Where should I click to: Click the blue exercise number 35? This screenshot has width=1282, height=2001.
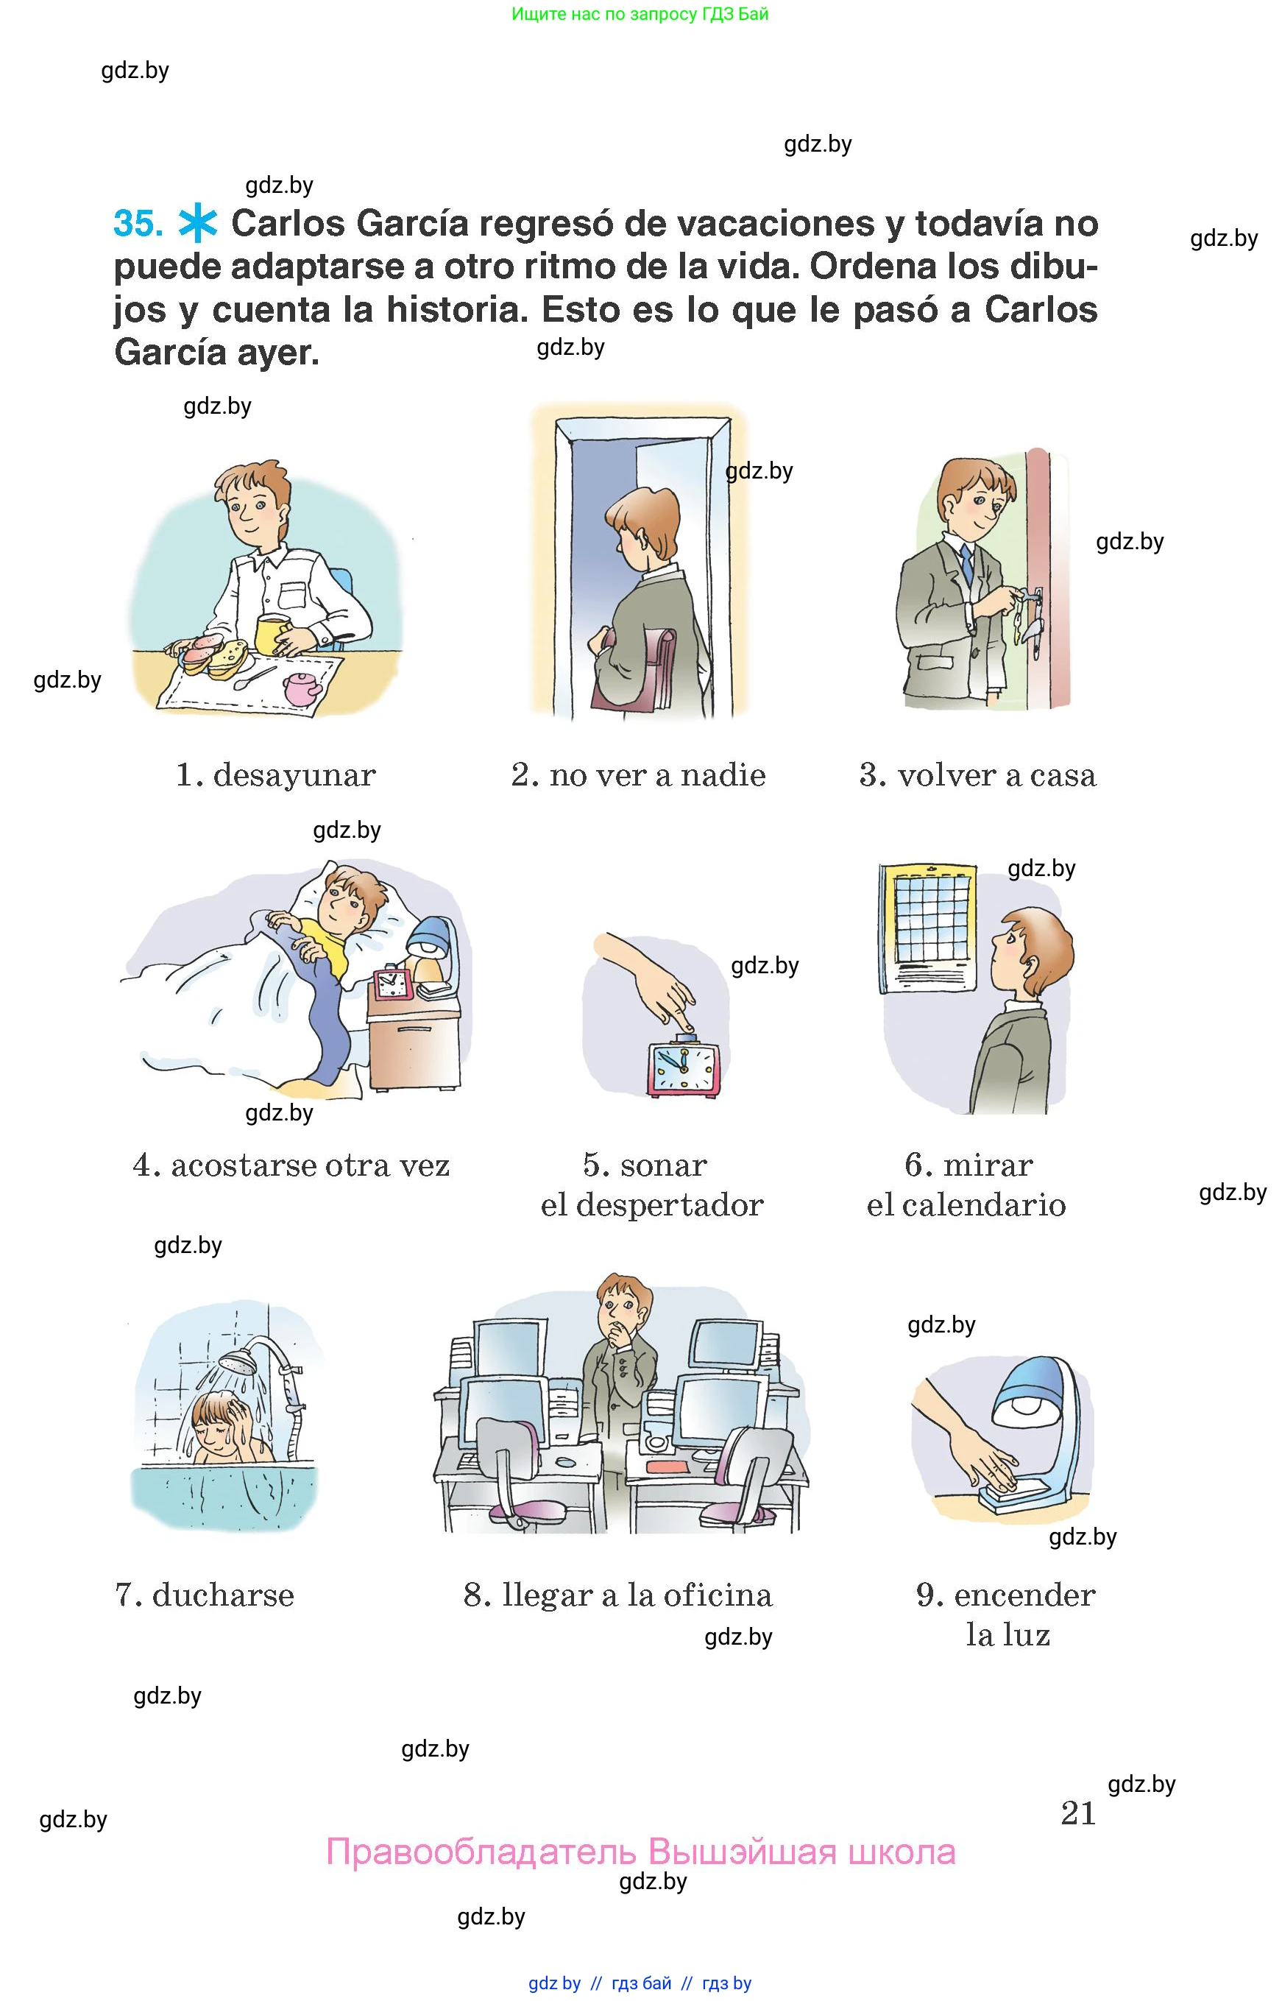[138, 223]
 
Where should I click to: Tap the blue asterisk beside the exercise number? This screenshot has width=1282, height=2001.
[198, 223]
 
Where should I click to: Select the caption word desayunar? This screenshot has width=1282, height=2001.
[294, 775]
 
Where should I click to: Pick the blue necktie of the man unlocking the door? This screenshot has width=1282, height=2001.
[966, 565]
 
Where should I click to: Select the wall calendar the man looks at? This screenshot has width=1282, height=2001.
[927, 928]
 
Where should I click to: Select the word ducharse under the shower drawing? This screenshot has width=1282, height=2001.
[223, 1595]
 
